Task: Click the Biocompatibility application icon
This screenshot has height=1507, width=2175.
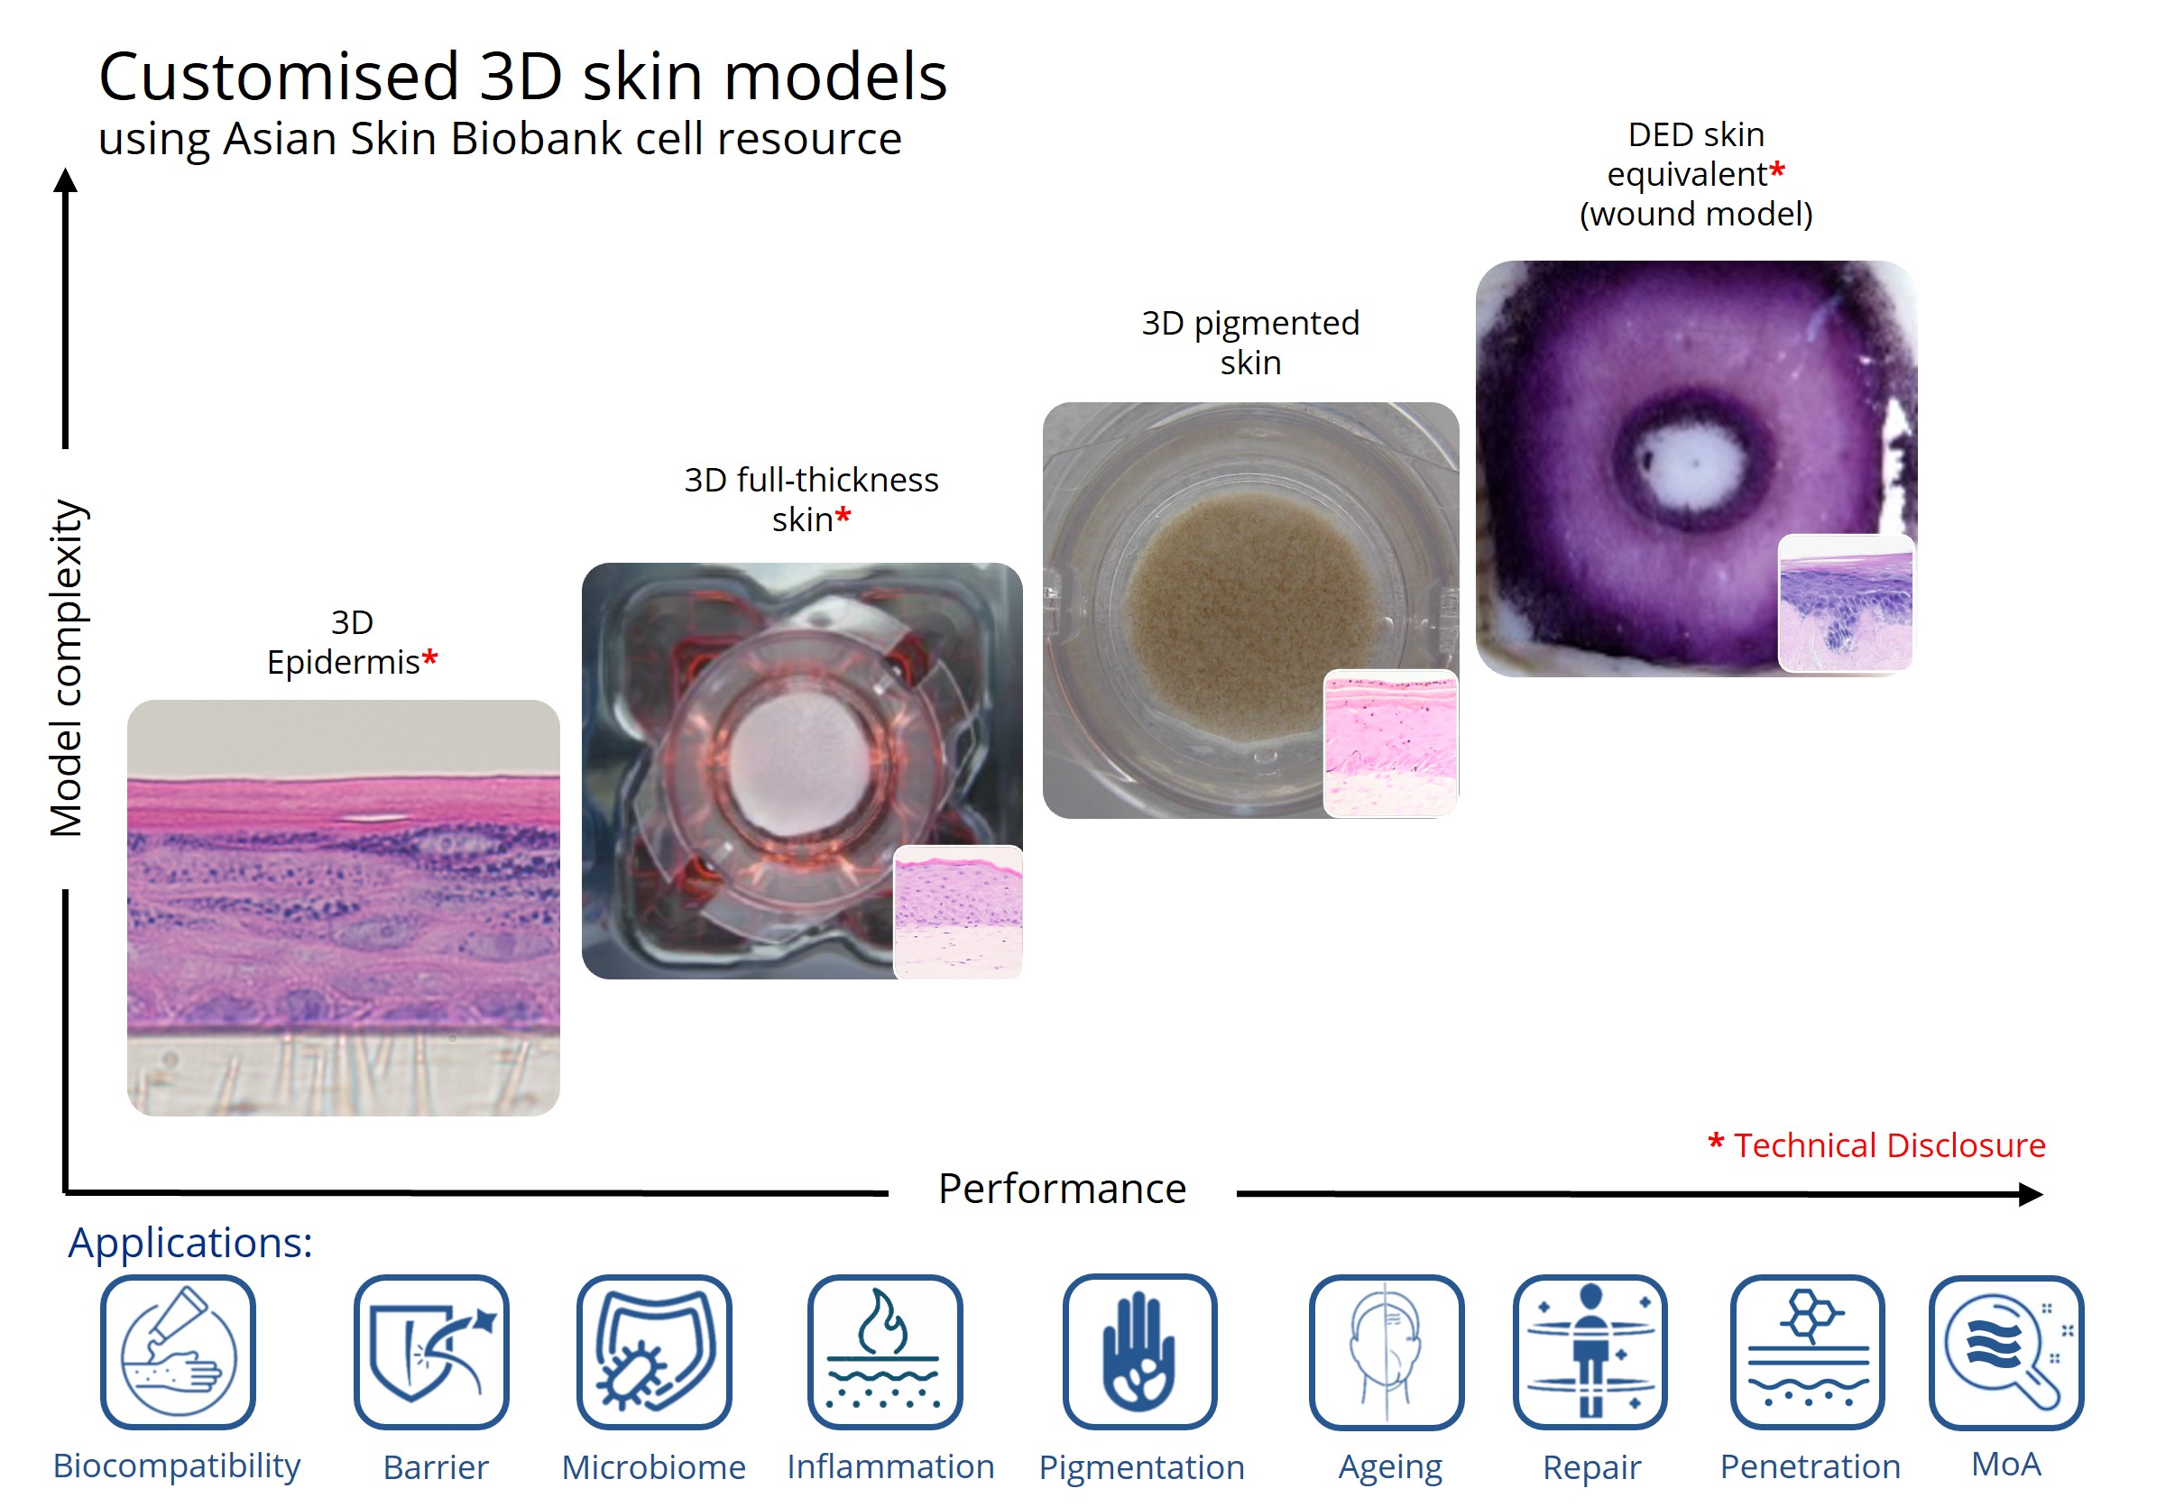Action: tap(178, 1351)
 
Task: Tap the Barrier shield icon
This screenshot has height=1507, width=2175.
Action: tap(431, 1351)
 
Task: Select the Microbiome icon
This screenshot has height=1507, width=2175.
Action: tap(654, 1351)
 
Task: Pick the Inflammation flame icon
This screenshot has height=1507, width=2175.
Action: tap(885, 1351)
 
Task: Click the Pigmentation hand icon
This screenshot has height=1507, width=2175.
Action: tap(1140, 1351)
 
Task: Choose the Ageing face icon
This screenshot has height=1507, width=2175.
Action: tap(1387, 1351)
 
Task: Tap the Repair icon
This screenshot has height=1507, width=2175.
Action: tap(1590, 1351)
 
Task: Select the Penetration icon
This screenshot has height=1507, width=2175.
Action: tap(1808, 1351)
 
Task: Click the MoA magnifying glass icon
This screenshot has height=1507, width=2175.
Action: tap(2006, 1351)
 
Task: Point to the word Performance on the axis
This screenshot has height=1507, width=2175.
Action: tap(1062, 1188)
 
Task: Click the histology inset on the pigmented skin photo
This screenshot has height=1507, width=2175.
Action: tap(1390, 743)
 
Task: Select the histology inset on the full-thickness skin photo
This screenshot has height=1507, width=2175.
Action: tap(958, 912)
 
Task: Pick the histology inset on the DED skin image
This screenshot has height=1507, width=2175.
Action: tap(1846, 603)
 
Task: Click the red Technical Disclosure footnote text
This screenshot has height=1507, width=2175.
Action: tap(1877, 1144)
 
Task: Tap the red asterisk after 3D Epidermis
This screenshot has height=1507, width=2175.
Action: tap(429, 657)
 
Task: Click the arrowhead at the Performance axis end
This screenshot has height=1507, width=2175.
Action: tap(2032, 1194)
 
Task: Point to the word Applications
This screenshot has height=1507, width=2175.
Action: tap(189, 1243)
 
